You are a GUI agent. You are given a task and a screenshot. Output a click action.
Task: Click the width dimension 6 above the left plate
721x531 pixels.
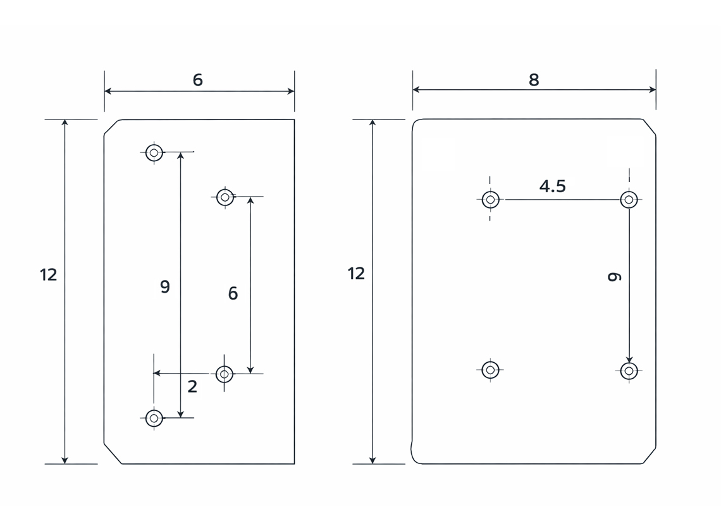198,80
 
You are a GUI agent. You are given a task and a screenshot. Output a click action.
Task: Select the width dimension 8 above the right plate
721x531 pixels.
534,80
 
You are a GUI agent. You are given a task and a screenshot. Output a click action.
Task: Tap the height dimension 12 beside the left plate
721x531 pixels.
48,275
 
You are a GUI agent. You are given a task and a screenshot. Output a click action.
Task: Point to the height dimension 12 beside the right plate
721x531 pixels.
356,274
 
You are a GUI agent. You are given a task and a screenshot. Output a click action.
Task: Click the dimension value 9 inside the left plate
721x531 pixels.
165,287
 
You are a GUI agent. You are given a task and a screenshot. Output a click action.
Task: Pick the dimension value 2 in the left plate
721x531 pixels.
193,387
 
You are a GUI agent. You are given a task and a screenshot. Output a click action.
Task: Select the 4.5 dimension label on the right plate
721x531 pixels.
552,186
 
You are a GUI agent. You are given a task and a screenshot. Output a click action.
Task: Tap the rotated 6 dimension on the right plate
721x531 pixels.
614,277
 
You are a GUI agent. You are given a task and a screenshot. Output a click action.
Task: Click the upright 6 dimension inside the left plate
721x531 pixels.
233,293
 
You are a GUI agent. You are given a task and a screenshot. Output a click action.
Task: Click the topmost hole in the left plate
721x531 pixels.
154,152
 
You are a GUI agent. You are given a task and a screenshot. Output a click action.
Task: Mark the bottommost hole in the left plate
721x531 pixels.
154,418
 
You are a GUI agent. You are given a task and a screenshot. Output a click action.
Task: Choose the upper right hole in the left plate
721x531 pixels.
225,198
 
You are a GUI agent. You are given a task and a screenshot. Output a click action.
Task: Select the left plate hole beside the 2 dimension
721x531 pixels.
225,374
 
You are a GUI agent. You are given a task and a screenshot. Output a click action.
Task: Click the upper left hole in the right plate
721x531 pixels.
491,200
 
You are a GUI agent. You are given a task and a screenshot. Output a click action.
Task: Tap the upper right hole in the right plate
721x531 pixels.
629,200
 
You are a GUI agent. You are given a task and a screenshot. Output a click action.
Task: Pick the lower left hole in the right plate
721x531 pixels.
491,370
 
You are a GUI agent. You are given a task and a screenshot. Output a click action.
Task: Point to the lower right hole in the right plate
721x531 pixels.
629,371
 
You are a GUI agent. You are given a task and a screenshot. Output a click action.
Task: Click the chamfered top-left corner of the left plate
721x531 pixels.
112,127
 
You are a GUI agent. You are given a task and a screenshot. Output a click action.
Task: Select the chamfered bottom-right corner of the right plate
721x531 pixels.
649,455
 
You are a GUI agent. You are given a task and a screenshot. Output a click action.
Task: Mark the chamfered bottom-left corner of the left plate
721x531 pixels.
113,454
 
